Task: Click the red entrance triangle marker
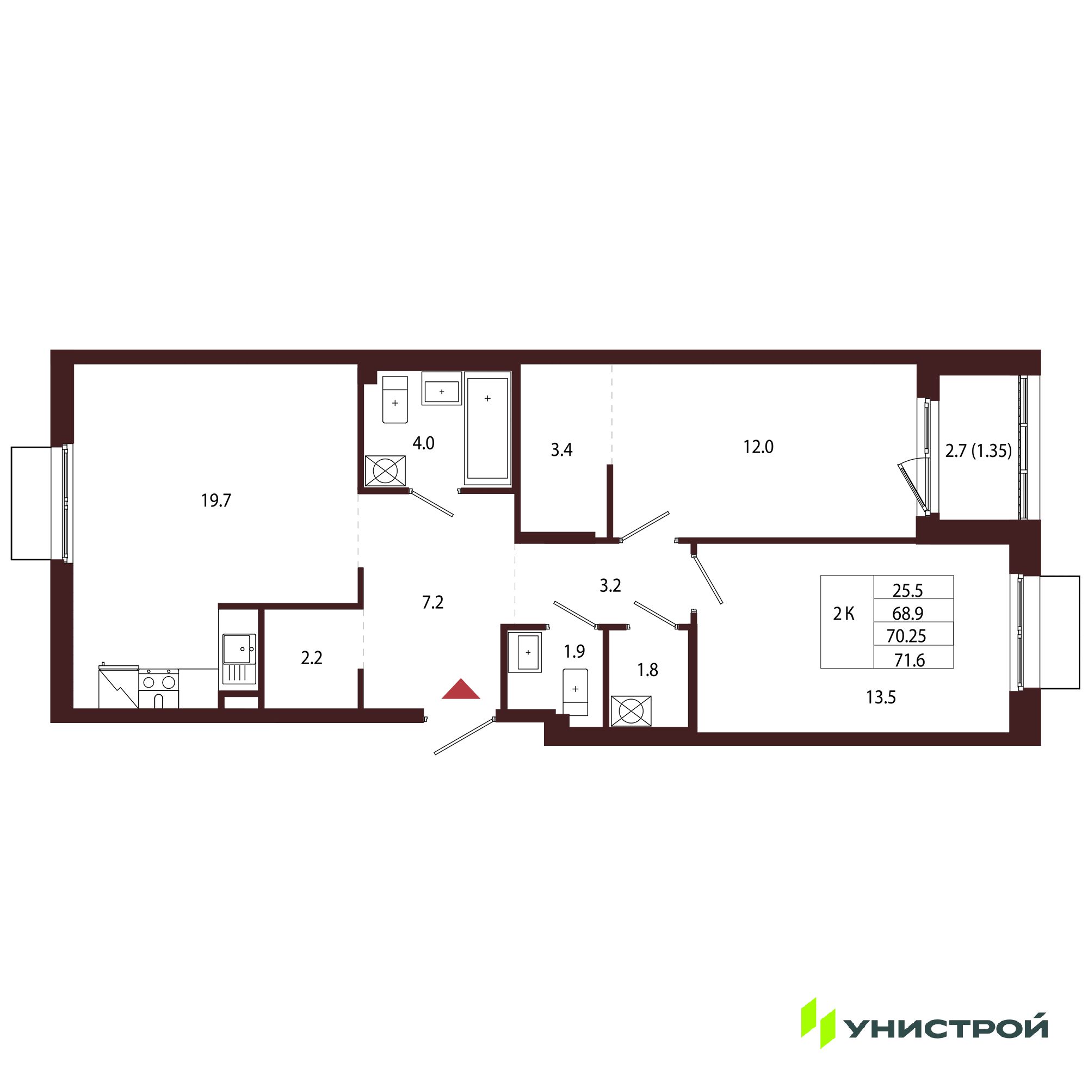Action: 461,690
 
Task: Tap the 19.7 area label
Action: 217,500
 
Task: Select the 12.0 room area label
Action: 758,447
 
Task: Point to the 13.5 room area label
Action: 881,698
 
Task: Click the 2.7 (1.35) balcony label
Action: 978,450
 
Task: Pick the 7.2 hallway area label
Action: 432,603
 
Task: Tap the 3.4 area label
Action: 561,449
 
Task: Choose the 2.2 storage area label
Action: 311,658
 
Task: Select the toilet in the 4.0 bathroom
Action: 395,399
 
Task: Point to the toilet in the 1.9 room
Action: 575,692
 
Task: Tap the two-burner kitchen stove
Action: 158,688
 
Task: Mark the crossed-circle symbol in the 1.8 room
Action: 630,711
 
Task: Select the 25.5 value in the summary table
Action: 908,590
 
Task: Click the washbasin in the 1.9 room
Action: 524,652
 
